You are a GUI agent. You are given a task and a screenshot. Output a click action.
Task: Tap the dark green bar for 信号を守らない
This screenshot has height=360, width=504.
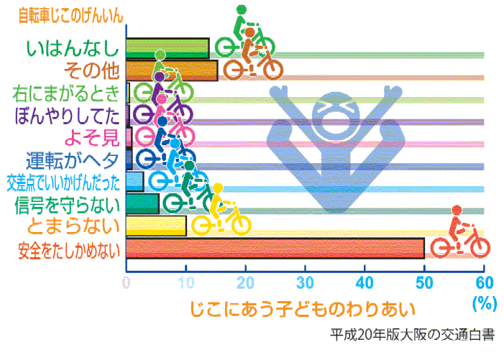coord(142,204)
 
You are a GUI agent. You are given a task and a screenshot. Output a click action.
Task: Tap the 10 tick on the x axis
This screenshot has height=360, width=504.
coord(186,282)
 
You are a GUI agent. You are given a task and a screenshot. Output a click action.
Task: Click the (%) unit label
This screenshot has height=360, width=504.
coord(485,303)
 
